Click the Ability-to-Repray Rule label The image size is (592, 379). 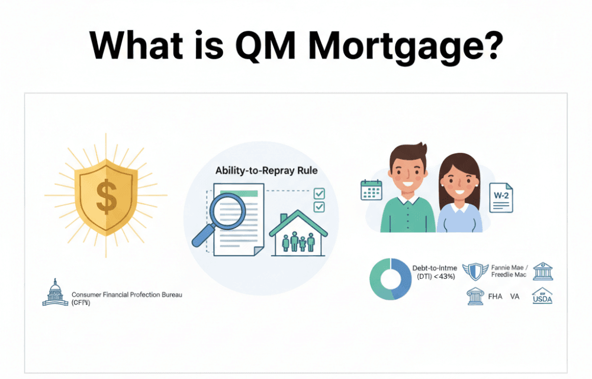point(266,171)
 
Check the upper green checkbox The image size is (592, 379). point(319,193)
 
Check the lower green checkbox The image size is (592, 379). point(319,206)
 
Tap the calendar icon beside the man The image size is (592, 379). point(372,189)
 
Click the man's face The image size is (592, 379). point(408,171)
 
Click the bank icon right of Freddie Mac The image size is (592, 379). point(542,271)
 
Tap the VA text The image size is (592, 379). point(514,296)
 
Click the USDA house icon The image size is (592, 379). point(542,296)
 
